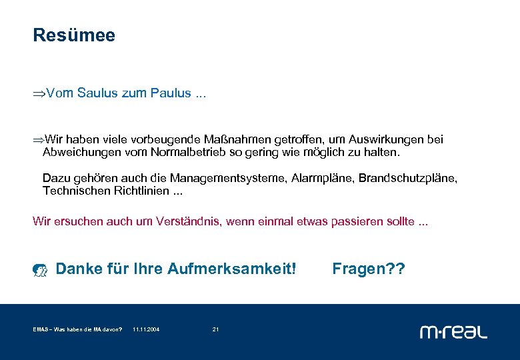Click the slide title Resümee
tap(74, 35)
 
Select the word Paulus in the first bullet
tap(171, 93)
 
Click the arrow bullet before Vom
tap(39, 94)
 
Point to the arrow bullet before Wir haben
tap(39, 140)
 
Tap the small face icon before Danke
tap(41, 270)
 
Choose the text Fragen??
tap(368, 269)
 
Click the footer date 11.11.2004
tap(146, 330)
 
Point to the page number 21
tap(215, 330)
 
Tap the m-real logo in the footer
tap(453, 331)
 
